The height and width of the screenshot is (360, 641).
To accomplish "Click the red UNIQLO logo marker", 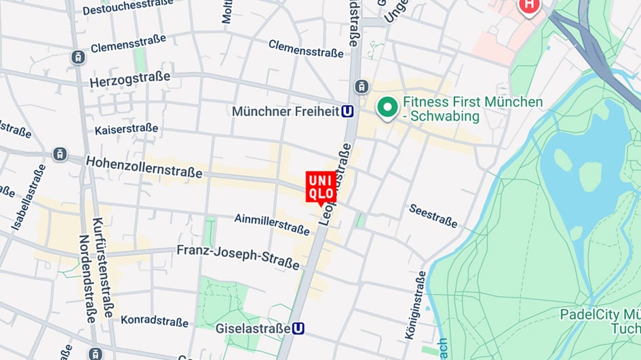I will click(x=321, y=187).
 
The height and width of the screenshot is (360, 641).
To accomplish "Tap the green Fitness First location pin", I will click(x=387, y=108).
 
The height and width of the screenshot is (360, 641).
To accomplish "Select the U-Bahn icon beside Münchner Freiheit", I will click(x=348, y=111).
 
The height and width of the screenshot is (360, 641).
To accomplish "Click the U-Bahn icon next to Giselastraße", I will click(x=298, y=328).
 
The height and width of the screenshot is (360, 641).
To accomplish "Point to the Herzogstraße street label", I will click(x=130, y=79).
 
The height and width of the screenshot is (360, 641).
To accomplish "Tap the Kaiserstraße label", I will click(x=126, y=129).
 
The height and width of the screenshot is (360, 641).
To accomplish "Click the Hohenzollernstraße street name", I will click(x=145, y=166).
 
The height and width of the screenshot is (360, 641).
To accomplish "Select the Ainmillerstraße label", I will click(x=272, y=224).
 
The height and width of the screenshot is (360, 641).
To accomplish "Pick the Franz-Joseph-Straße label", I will click(x=238, y=256).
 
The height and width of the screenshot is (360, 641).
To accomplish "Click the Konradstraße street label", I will click(x=155, y=321).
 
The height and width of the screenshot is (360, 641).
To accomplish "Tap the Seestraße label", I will click(x=433, y=216).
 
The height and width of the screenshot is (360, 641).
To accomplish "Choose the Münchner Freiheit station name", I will click(x=285, y=111).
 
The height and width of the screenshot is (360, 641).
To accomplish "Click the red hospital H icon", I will click(x=528, y=7).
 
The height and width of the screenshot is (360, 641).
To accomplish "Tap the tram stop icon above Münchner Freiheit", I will click(x=362, y=87).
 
